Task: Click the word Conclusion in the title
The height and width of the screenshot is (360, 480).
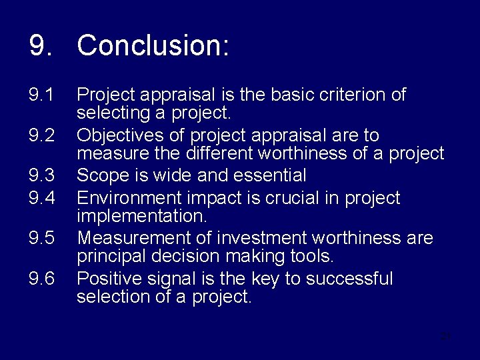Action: [153, 46]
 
